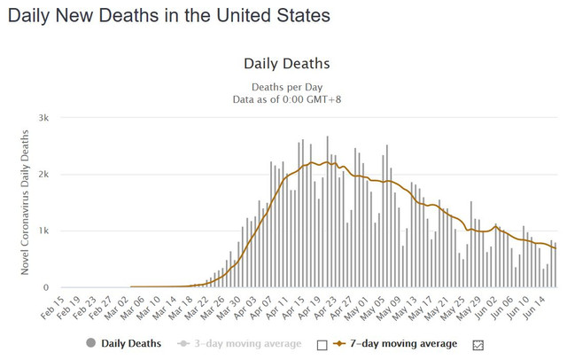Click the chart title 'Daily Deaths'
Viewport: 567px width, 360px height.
tap(286, 65)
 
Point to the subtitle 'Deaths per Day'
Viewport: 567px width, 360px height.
tap(286, 86)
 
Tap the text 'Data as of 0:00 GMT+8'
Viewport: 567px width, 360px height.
tap(286, 98)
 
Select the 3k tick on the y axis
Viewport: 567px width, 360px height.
tap(43, 117)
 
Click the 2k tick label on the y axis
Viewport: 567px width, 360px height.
tap(43, 174)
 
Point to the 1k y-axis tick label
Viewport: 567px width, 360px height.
tap(43, 231)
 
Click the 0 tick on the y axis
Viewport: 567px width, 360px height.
tap(45, 287)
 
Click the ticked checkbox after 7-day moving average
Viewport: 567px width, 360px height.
tap(479, 344)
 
